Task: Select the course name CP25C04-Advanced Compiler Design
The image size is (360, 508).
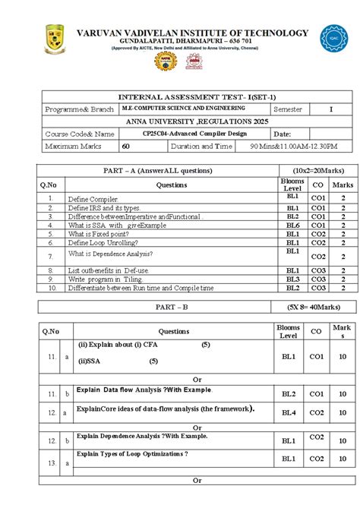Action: [x=184, y=134]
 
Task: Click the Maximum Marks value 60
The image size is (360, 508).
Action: [x=126, y=146]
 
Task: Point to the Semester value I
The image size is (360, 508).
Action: [x=330, y=109]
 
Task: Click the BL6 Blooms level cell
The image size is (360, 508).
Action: [x=292, y=225]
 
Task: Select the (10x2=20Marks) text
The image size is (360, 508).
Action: [x=312, y=170]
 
